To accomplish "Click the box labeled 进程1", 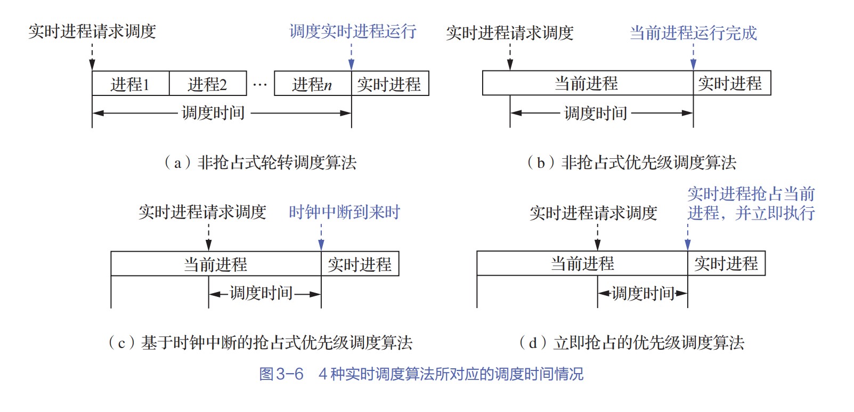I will (x=131, y=84).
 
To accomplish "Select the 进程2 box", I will (x=208, y=84).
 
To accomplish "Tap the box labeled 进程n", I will (x=312, y=84).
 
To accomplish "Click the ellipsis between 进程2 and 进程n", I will (x=260, y=84).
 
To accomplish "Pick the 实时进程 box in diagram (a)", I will (x=389, y=84).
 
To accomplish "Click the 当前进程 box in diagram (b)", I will (x=587, y=83).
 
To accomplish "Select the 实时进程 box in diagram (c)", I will (x=360, y=264).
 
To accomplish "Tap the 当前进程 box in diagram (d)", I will (x=582, y=263).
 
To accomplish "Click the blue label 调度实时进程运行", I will (x=353, y=31).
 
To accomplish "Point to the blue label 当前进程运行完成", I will (x=693, y=33).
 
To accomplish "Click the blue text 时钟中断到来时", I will (x=344, y=212).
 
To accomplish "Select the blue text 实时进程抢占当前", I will (x=751, y=193).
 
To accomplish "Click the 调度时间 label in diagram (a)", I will (x=213, y=113).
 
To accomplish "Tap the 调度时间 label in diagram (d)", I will (x=643, y=293).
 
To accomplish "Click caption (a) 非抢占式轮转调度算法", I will (x=261, y=162).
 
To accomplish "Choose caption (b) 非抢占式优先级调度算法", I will (x=632, y=162).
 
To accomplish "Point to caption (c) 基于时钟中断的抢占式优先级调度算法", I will (x=261, y=342).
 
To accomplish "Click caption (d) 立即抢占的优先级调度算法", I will (x=632, y=342).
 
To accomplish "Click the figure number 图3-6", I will (x=281, y=374).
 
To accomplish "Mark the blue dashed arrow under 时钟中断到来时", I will (x=321, y=236).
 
